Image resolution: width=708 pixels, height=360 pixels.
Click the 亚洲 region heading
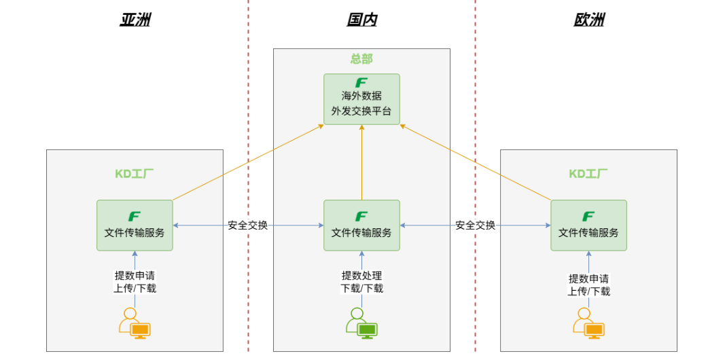(x=135, y=20)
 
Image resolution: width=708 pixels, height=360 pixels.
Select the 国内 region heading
(x=362, y=20)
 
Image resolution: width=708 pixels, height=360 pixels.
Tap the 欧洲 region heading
(x=589, y=20)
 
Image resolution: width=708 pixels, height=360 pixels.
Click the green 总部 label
(x=361, y=58)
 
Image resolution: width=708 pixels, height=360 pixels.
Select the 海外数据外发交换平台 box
(x=361, y=99)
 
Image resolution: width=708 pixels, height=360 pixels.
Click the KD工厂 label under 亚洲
(x=134, y=174)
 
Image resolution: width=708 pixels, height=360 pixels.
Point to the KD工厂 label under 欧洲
(x=588, y=174)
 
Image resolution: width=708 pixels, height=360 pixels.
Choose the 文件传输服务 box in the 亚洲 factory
(x=135, y=225)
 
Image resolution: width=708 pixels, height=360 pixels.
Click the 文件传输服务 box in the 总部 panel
(x=361, y=225)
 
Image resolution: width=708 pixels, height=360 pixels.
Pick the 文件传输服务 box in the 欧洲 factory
(x=589, y=225)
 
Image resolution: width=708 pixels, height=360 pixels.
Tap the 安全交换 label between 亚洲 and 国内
(x=248, y=225)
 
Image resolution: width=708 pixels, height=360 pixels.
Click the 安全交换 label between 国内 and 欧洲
(x=476, y=225)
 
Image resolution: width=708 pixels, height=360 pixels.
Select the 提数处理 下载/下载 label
(x=361, y=282)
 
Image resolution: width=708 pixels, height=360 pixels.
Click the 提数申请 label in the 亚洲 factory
(x=135, y=276)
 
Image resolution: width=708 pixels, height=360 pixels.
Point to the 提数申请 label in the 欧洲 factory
(x=589, y=278)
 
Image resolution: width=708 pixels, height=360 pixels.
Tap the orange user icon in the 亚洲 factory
(x=135, y=323)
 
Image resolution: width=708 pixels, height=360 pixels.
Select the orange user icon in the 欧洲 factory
(x=589, y=323)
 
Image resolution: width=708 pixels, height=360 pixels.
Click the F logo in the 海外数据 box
(x=361, y=83)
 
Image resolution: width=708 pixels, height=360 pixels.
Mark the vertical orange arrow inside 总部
(x=361, y=162)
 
